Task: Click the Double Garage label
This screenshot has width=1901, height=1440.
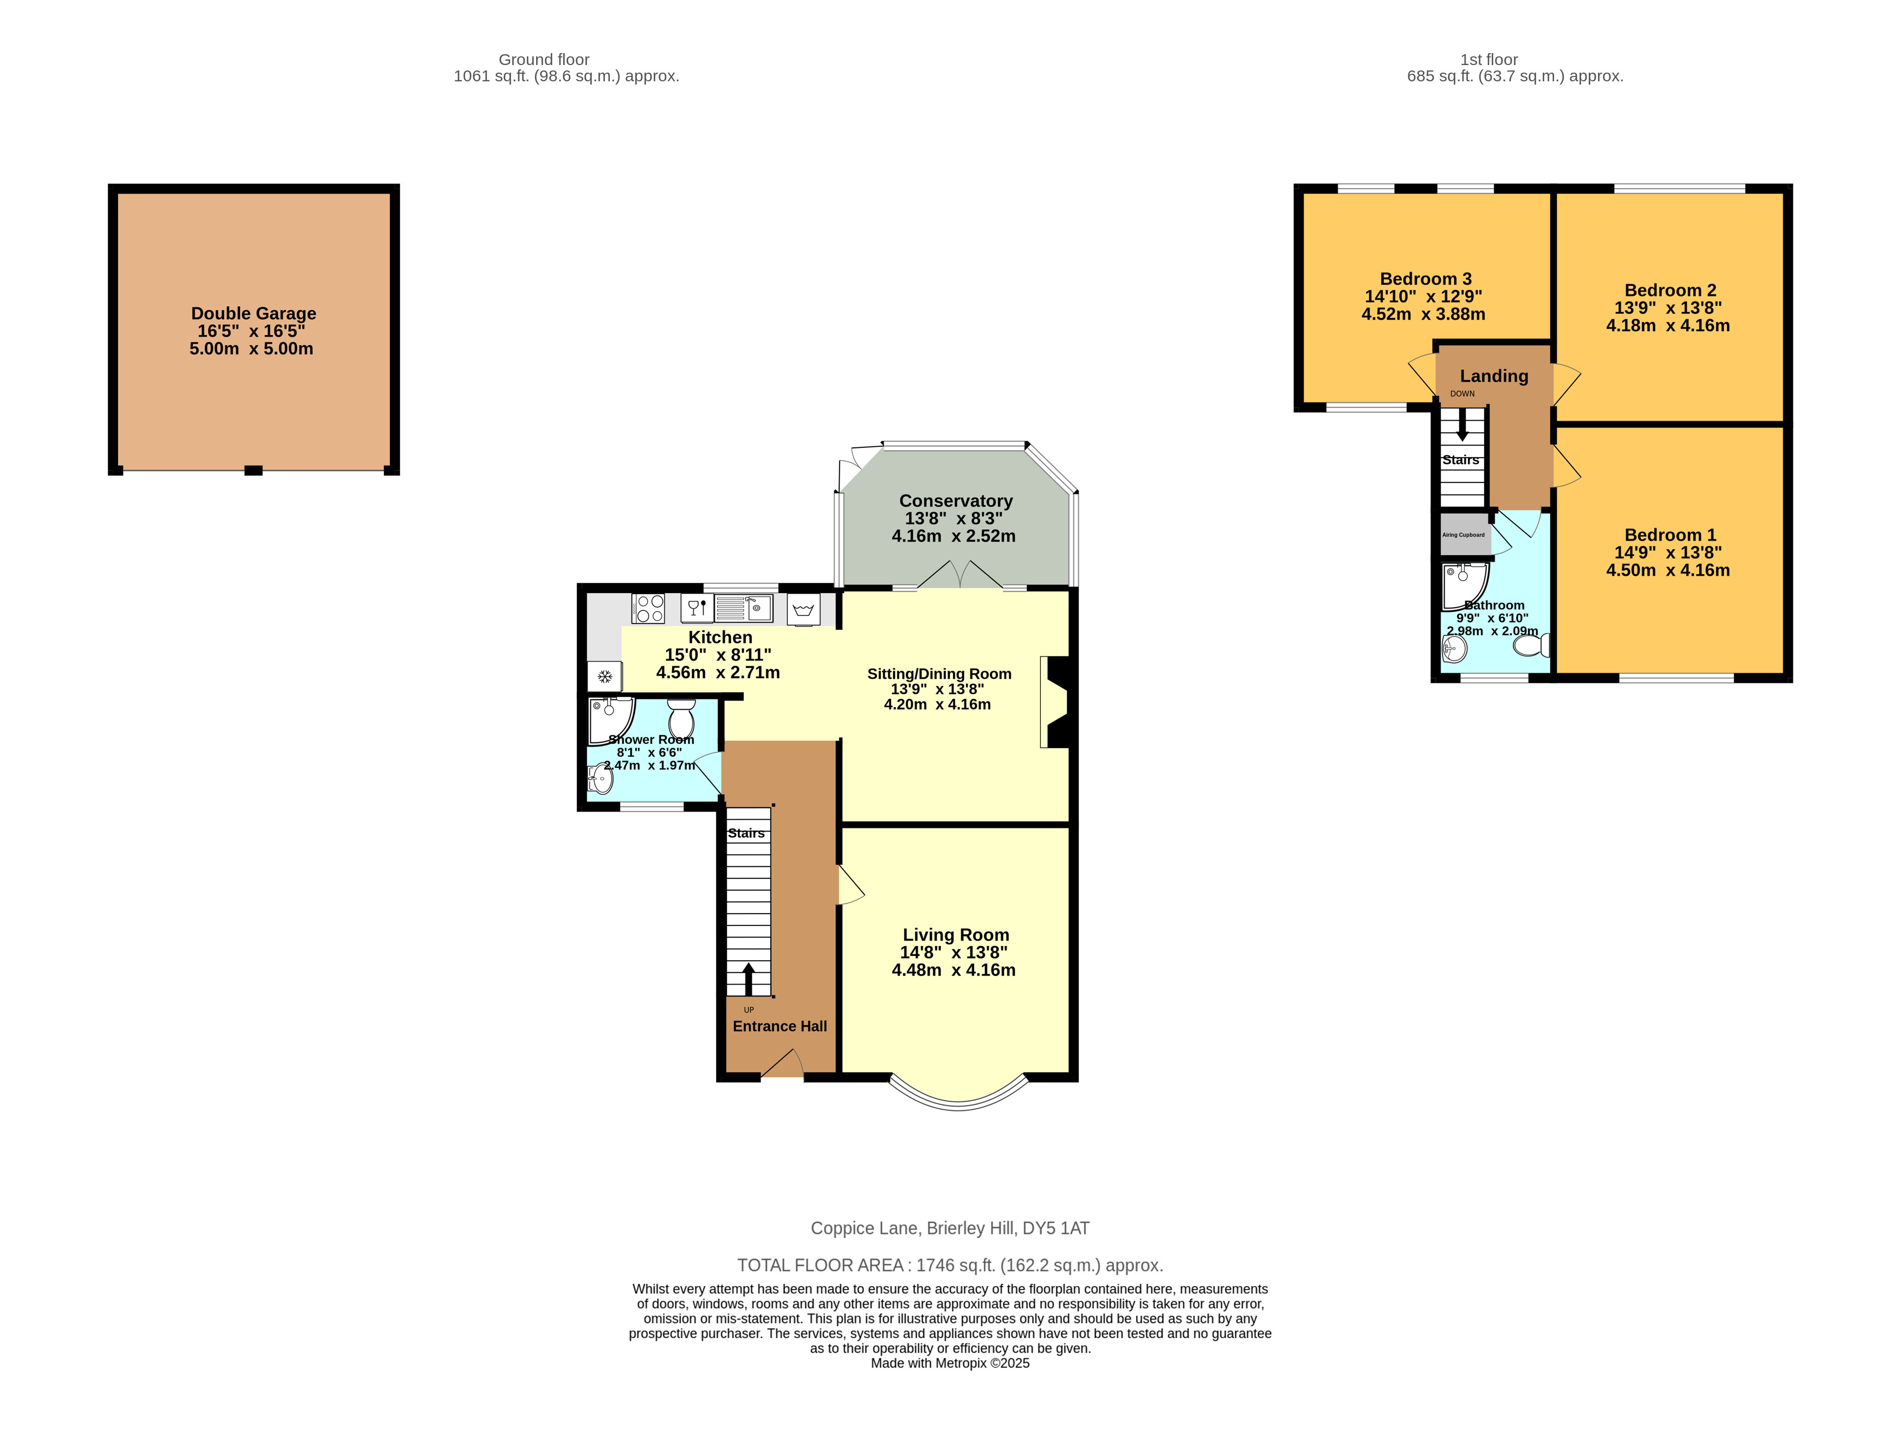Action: pos(254,314)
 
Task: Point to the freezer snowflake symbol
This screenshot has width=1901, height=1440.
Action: pos(605,677)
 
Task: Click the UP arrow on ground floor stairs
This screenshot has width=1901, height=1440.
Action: pos(749,978)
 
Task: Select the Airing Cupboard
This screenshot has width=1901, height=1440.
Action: pos(1465,534)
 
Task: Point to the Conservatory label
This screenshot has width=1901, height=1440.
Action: pos(956,501)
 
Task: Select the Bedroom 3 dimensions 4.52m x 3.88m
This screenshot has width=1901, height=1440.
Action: pos(1423,314)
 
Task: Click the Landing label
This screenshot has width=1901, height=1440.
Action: pos(1494,376)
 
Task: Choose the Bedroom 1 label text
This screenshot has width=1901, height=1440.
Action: pos(1670,535)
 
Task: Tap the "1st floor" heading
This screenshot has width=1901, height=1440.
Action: pos(1490,59)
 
